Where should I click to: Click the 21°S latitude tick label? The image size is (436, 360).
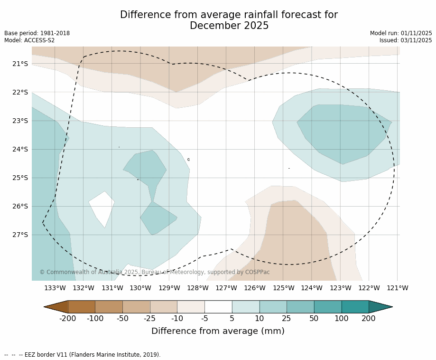(20, 64)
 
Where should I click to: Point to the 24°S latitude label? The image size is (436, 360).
(20, 149)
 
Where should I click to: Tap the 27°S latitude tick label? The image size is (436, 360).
(20, 235)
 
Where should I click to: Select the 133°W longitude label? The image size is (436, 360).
(55, 288)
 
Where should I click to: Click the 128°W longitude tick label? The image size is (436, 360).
(198, 288)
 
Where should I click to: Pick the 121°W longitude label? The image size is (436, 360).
(398, 288)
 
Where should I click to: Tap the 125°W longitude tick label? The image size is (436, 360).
(283, 288)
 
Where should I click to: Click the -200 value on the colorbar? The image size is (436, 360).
(68, 318)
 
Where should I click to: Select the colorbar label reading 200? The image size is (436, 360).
(369, 318)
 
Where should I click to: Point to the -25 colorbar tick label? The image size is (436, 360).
(150, 318)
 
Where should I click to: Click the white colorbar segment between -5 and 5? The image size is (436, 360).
(218, 307)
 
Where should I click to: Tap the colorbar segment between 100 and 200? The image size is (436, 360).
(355, 307)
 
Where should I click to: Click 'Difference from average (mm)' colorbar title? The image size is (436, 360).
(218, 331)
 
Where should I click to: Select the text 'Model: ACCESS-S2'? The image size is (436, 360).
(29, 40)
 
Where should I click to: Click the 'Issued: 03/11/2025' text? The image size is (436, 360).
(406, 40)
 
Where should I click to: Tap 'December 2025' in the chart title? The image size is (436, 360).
(229, 26)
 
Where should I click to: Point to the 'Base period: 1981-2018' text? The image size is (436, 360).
(37, 33)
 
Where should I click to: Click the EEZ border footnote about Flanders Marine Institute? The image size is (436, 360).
(83, 355)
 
